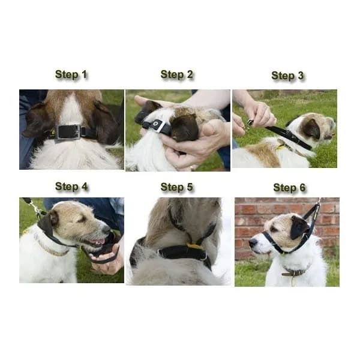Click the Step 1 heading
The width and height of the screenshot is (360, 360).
(71, 74)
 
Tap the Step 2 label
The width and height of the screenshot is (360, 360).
(176, 74)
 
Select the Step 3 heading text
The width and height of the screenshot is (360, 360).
(287, 76)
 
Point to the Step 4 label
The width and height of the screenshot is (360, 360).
(71, 187)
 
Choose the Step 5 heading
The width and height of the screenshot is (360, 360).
(176, 187)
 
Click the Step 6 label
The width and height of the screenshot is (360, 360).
(289, 188)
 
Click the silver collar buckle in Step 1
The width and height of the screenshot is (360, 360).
(68, 132)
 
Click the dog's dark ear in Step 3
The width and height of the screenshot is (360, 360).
(311, 129)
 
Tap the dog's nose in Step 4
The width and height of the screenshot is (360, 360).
(107, 229)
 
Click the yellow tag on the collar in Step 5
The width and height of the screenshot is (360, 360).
(194, 246)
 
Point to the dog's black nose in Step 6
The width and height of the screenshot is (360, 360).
(253, 243)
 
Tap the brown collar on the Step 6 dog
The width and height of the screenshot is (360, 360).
(295, 272)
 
